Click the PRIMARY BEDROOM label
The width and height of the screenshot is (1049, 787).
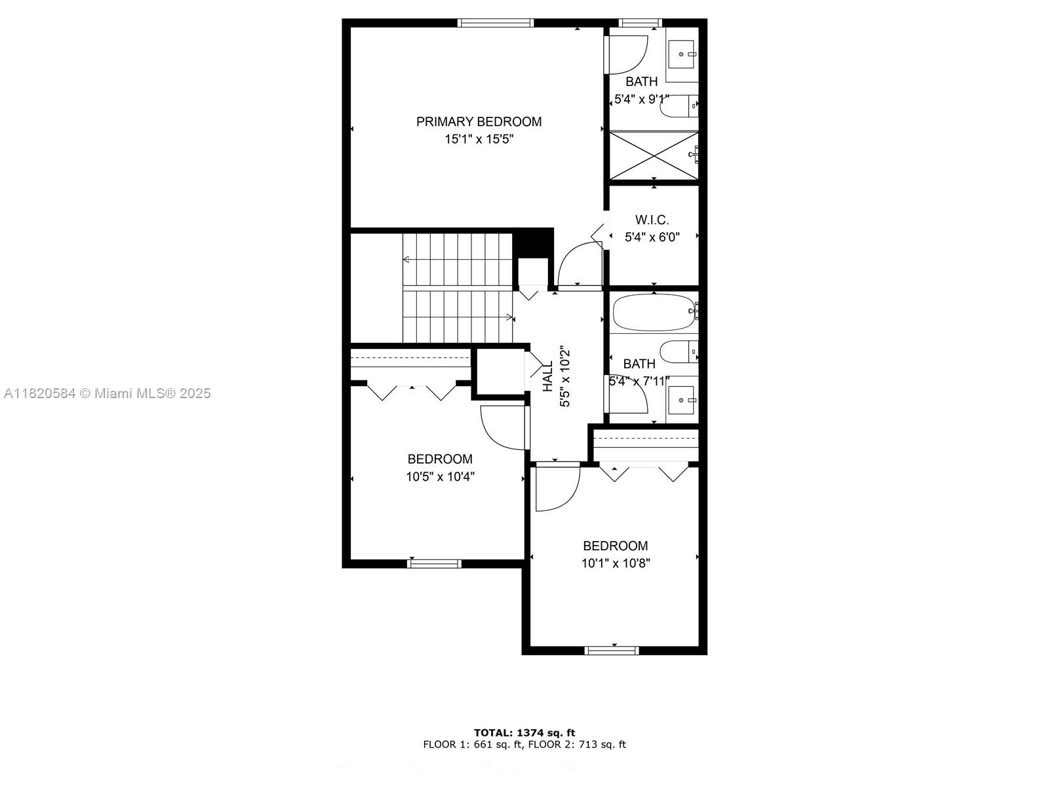point(479,121)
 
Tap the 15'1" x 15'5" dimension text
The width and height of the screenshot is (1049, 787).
point(479,139)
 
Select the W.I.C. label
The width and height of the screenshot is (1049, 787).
point(652,220)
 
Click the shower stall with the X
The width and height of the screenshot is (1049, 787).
point(653,155)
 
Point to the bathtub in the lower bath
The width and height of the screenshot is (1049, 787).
point(653,312)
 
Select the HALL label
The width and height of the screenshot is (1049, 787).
point(548,376)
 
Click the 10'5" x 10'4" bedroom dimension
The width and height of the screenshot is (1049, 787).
point(440,477)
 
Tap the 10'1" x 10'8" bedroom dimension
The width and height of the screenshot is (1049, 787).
point(615,563)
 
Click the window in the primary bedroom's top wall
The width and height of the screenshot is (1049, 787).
point(496,23)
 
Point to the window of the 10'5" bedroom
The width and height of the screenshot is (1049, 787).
point(434,563)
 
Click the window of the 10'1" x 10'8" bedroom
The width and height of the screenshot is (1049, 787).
point(611,651)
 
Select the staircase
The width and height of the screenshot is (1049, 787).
point(457,287)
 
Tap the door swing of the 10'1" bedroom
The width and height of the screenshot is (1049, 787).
point(557,488)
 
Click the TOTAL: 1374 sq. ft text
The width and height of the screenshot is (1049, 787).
point(524,733)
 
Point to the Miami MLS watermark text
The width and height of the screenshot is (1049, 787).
point(107,393)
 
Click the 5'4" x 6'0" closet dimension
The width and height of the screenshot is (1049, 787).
point(652,237)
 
